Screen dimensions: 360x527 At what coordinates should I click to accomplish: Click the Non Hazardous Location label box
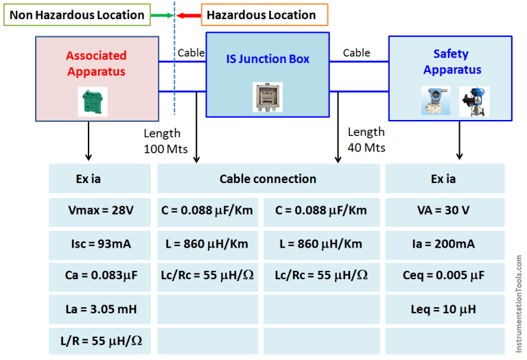(77, 14)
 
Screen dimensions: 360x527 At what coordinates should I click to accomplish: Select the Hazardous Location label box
(264, 14)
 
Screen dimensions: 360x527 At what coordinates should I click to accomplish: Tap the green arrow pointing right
(162, 14)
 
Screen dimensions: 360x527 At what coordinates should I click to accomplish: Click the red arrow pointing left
(187, 14)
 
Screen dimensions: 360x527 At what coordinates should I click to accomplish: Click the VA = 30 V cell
(444, 211)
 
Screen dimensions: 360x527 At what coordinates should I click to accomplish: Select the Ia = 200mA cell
(444, 243)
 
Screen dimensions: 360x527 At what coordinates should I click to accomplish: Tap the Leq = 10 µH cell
(444, 309)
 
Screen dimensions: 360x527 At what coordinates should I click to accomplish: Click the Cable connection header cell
(268, 179)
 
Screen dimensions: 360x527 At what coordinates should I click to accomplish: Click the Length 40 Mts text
(366, 139)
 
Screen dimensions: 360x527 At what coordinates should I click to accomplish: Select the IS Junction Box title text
(268, 60)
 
